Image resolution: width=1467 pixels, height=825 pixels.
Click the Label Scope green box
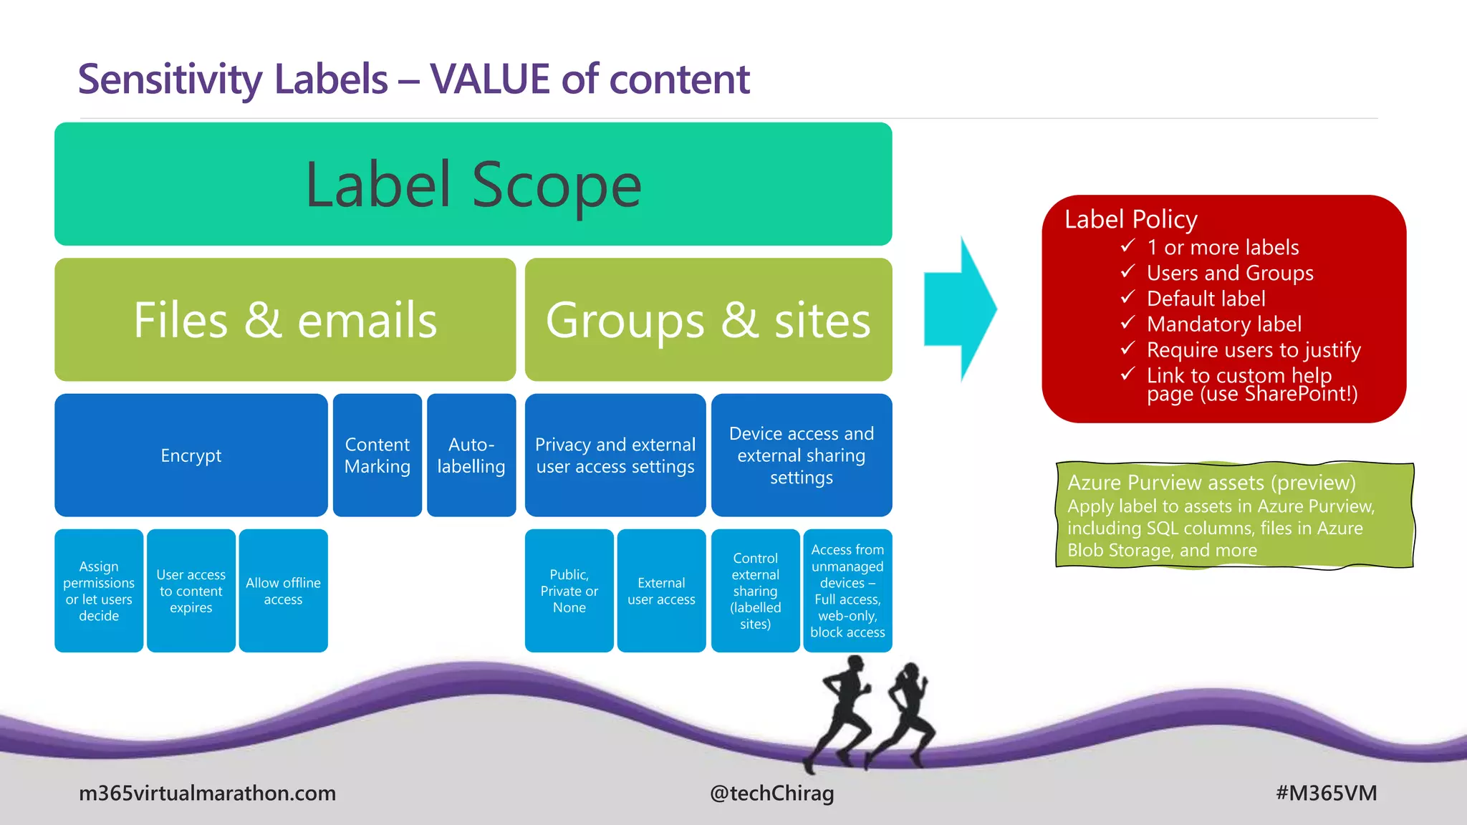[473, 184]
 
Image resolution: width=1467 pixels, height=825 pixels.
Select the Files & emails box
[285, 319]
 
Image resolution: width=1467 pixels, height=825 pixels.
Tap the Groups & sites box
[708, 319]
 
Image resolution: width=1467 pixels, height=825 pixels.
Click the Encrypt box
[191, 455]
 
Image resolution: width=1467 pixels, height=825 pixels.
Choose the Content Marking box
[377, 455]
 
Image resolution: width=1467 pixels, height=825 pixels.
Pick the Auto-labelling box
[471, 455]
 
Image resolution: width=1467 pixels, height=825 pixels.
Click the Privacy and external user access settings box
[615, 455]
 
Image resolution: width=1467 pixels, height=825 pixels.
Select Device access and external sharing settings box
[801, 455]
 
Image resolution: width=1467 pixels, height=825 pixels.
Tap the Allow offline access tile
[283, 591]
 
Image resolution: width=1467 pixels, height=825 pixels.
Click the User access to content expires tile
[191, 591]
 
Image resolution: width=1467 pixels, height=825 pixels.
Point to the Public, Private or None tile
[569, 591]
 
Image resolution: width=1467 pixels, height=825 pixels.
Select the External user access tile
[661, 591]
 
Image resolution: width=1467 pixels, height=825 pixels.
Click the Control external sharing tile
[755, 591]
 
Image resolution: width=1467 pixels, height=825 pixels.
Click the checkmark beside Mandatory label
[1127, 323]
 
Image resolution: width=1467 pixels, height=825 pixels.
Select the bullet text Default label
[1206, 299]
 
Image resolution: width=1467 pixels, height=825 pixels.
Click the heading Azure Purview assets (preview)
[1211, 483]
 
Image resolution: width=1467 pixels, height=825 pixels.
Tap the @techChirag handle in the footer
[771, 793]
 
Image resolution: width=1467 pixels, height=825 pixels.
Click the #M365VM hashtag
[1326, 793]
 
